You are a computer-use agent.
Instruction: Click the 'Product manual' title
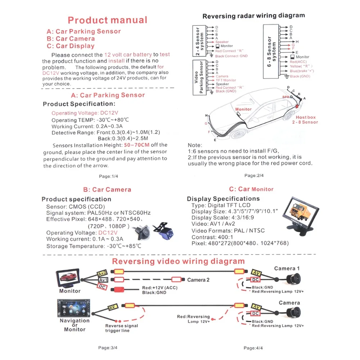[107, 20]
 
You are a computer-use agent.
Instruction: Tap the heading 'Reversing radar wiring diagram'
[253, 16]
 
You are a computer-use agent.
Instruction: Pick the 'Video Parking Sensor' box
[199, 77]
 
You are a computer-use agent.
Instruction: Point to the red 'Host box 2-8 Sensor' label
[306, 120]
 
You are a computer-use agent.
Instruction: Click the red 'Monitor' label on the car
[243, 109]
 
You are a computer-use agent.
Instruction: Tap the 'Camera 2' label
[198, 280]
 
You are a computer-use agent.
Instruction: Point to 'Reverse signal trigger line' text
[121, 328]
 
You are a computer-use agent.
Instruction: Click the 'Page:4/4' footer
[253, 348]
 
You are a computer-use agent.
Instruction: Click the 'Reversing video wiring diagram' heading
[178, 261]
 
